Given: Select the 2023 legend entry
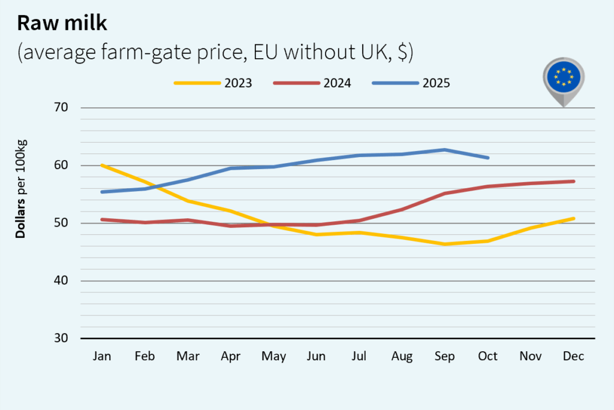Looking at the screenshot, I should tap(213, 83).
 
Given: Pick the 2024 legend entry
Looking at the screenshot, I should tap(312, 83).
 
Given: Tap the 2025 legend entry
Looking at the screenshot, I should tap(411, 83).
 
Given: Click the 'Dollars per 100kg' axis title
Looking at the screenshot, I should tap(21, 189).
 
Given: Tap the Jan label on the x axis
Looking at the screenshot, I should tap(102, 356).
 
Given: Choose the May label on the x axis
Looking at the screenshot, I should tap(273, 356).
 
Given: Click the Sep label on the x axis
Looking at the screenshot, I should tap(445, 356).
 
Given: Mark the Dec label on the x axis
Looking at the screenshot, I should tap(574, 356).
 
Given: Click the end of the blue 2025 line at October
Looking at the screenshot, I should tap(488, 158).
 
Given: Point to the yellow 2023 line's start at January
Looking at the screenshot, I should tap(103, 165).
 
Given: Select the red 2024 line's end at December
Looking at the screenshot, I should tap(574, 181).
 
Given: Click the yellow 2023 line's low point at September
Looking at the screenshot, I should tap(445, 244).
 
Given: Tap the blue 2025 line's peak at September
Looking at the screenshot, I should tap(445, 150).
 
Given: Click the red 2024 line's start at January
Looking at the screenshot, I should tap(103, 219).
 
